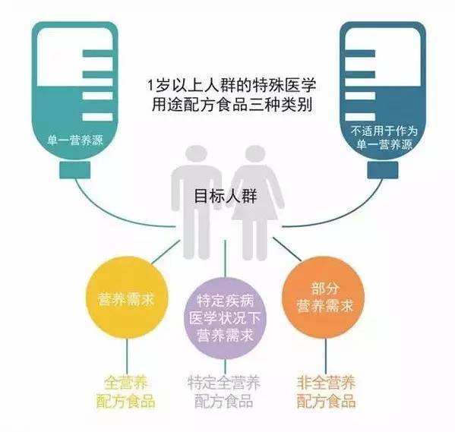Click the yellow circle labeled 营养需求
pos(127,298)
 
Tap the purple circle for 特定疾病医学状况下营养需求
pos(226,318)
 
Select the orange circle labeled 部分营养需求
pos(324,298)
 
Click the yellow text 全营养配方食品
pos(125,392)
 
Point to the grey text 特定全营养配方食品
pos(224,392)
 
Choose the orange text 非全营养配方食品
pos(326,392)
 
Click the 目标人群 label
pos(226,196)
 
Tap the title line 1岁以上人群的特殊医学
pos(232,86)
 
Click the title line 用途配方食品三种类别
pos(232,105)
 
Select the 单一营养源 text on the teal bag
pos(75,141)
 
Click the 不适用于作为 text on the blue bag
pos(384,131)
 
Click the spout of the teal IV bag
pos(75,170)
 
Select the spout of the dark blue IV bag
pos(383,170)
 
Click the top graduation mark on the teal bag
pos(97,54)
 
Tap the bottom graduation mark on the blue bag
pos(359,117)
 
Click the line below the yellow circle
pos(127,357)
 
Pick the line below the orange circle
pos(326,357)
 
